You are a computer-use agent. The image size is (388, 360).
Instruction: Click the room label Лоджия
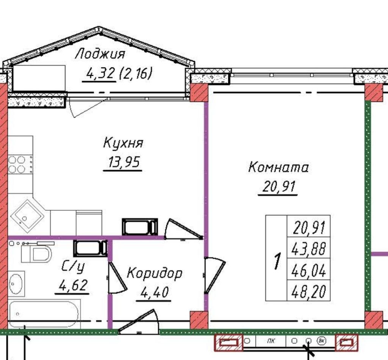click(100, 54)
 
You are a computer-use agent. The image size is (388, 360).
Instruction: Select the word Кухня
click(123, 144)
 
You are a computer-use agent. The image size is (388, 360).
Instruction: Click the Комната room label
click(278, 167)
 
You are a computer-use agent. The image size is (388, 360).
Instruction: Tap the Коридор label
click(154, 273)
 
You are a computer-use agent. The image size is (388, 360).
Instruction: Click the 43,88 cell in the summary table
click(309, 249)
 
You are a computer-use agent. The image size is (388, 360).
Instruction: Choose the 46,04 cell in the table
click(309, 270)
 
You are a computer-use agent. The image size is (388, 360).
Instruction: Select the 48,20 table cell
click(309, 291)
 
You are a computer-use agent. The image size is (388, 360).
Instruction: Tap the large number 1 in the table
click(277, 261)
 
